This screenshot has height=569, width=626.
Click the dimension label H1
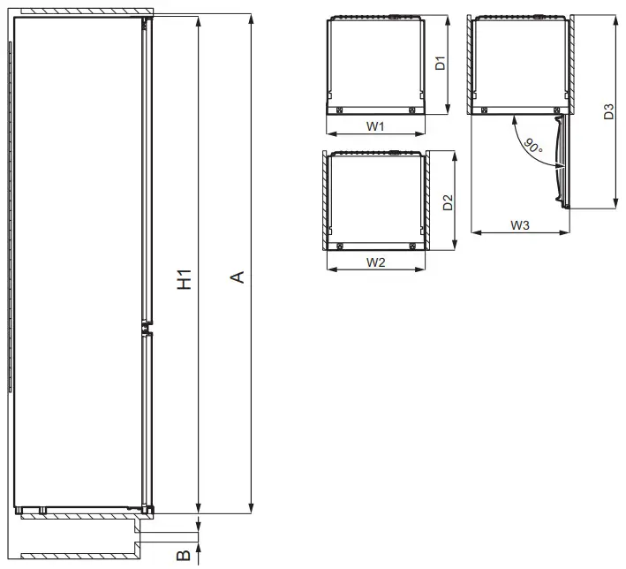(184, 278)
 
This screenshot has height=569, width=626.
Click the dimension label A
(237, 278)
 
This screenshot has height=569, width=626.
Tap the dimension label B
(183, 556)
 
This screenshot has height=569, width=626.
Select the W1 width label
(375, 126)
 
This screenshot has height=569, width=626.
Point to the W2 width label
(375, 262)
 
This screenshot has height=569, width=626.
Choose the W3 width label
(519, 225)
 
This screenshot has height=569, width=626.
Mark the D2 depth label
(448, 201)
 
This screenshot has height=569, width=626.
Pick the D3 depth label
(608, 112)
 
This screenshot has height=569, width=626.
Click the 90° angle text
(532, 146)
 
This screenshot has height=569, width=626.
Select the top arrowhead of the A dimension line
(251, 19)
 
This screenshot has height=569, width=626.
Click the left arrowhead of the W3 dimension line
(475, 232)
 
